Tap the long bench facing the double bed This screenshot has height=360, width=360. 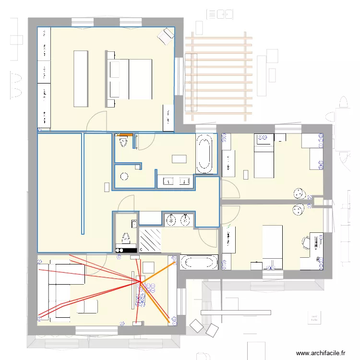tap(81, 78)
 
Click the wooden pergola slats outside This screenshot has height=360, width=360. tap(218, 77)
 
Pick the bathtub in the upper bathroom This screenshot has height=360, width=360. tap(204, 154)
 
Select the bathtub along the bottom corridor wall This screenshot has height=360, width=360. tap(199, 262)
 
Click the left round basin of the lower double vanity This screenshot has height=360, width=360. tap(171, 220)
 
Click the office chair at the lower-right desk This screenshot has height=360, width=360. tap(306, 242)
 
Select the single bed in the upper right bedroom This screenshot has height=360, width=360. tap(263, 156)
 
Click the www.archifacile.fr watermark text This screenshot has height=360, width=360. tap(321, 353)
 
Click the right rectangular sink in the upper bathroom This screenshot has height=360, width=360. tap(185, 181)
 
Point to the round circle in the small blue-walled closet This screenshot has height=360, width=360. tap(124, 176)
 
